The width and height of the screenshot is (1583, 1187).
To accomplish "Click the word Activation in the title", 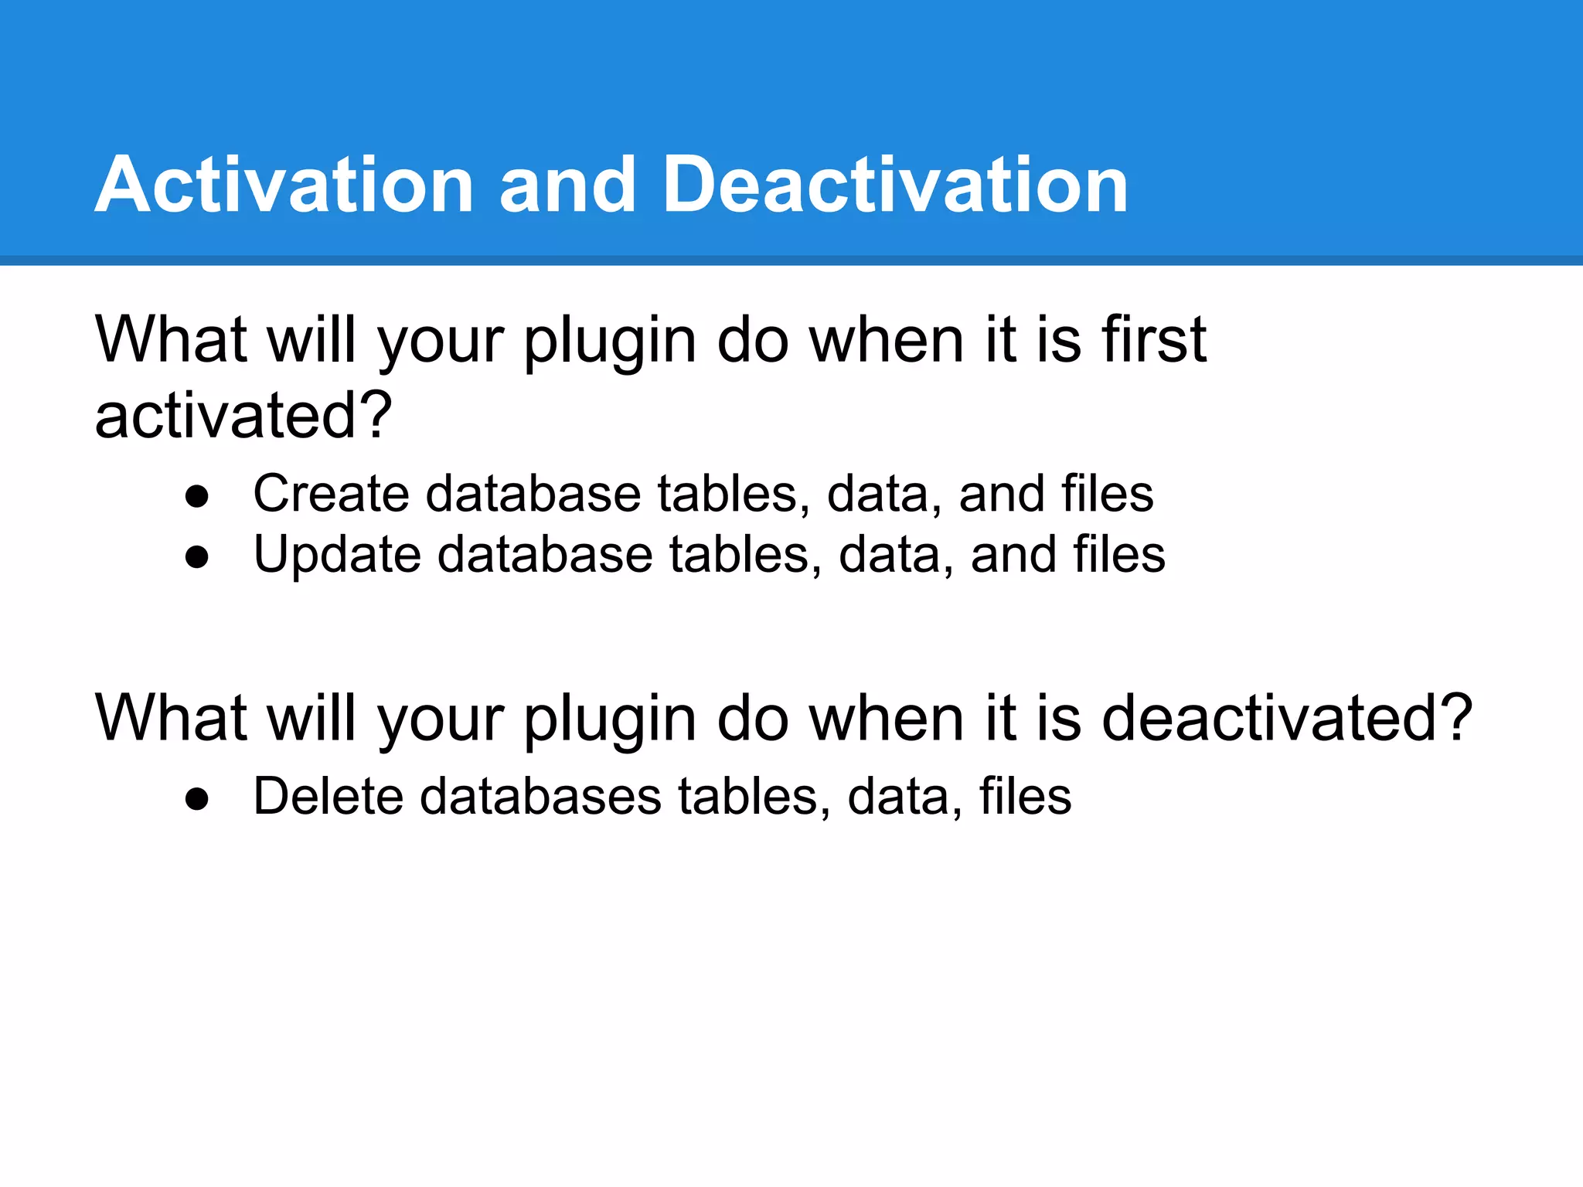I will pyautogui.click(x=284, y=185).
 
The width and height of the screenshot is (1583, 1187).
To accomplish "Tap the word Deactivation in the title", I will pyautogui.click(x=895, y=185).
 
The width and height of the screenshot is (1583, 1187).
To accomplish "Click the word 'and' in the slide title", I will pyautogui.click(x=567, y=185).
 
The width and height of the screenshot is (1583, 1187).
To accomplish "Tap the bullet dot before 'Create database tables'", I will pyautogui.click(x=197, y=496).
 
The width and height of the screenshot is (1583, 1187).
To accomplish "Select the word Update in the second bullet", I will pyautogui.click(x=337, y=555).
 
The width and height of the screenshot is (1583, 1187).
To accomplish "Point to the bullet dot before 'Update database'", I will pyautogui.click(x=197, y=557).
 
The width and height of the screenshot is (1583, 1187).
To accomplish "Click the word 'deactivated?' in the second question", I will pyautogui.click(x=1286, y=718).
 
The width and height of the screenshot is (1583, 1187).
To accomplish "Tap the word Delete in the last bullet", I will pyautogui.click(x=328, y=796).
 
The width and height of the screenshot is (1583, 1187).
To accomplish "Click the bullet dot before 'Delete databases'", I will pyautogui.click(x=197, y=799).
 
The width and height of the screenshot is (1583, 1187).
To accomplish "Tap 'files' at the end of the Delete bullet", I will pyautogui.click(x=1025, y=796).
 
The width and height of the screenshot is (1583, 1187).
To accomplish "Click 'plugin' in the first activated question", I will pyautogui.click(x=611, y=342).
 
